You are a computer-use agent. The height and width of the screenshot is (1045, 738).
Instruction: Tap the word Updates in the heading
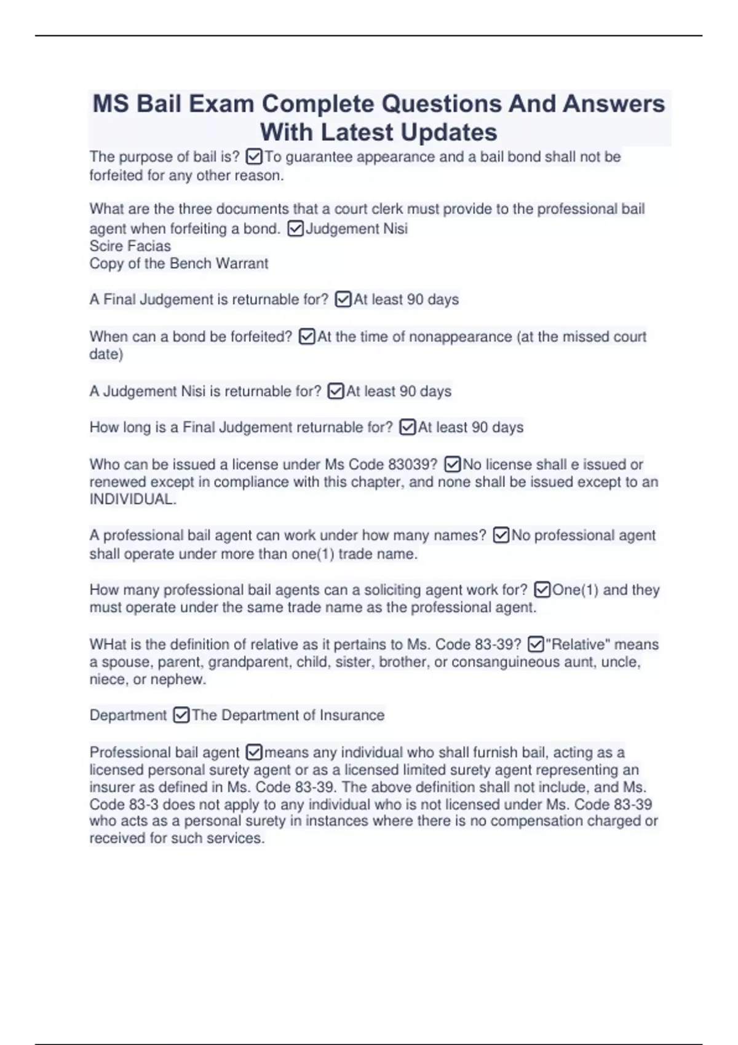(449, 132)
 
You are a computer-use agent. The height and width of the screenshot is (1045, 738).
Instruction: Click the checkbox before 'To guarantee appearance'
(253, 157)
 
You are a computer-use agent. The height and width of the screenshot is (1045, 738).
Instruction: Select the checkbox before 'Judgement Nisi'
(295, 229)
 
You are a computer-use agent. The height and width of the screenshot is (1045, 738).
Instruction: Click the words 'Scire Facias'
(130, 246)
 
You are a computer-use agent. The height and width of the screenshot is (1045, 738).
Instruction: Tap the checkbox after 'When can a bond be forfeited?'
(306, 337)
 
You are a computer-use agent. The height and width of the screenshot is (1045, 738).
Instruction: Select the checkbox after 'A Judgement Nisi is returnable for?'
(336, 392)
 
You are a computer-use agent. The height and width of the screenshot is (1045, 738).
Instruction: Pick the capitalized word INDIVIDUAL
(132, 500)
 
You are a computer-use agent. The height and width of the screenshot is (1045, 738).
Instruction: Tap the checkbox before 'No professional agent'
(501, 536)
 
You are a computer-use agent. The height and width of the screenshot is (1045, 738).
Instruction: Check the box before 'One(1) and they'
(542, 590)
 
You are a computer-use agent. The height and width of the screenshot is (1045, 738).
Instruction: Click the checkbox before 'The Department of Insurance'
(181, 716)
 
